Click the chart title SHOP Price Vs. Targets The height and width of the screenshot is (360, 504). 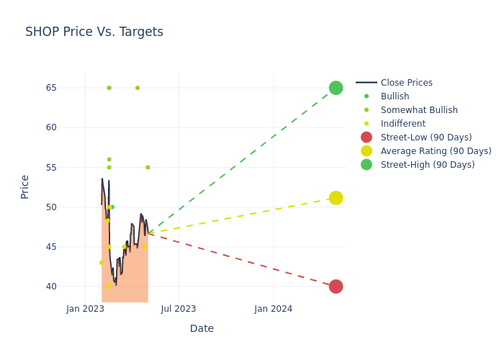pos(94,32)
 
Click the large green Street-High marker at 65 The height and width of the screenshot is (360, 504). pos(336,88)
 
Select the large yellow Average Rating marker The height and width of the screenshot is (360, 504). pos(336,198)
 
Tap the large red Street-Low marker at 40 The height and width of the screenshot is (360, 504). pos(336,287)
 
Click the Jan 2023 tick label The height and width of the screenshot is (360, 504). pos(85,309)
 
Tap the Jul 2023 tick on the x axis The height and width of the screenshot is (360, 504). pos(179,309)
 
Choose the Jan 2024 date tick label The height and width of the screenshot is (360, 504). pos(274,309)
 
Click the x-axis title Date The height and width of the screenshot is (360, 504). pos(202,328)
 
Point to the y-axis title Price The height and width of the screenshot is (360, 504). pos(25,186)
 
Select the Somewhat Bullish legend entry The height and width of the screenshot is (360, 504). pos(418,110)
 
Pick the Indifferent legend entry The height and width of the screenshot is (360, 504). pos(402,124)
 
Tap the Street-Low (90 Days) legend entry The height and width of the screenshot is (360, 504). pos(426,138)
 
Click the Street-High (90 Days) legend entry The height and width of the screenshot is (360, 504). pos(427,165)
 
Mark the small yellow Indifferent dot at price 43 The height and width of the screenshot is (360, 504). pos(101,263)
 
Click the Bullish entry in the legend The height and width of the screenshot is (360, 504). pos(395,96)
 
